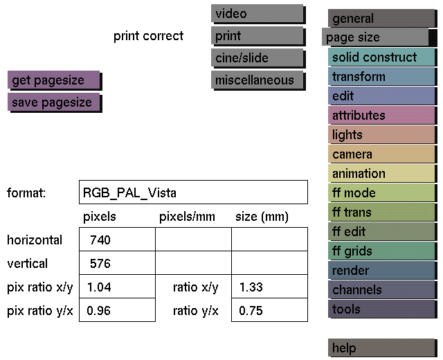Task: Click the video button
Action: (x=258, y=14)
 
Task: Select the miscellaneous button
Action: (x=258, y=80)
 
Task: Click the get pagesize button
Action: (x=55, y=80)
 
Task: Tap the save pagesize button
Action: (x=55, y=102)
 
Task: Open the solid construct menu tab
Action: (x=382, y=57)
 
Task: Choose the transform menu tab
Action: (x=382, y=77)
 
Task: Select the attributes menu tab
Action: (x=382, y=116)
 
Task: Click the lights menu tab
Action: (x=382, y=135)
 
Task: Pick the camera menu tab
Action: (x=382, y=154)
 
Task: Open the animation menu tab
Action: (x=382, y=174)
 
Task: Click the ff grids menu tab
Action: (x=382, y=251)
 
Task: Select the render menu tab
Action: (x=382, y=271)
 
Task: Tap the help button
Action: (x=382, y=348)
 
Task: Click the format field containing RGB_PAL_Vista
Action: (x=193, y=192)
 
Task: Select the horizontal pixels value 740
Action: (x=100, y=240)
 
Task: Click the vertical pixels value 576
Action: (x=100, y=263)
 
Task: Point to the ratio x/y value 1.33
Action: (x=251, y=287)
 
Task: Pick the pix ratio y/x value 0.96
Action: (x=98, y=311)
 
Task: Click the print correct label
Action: (x=148, y=36)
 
